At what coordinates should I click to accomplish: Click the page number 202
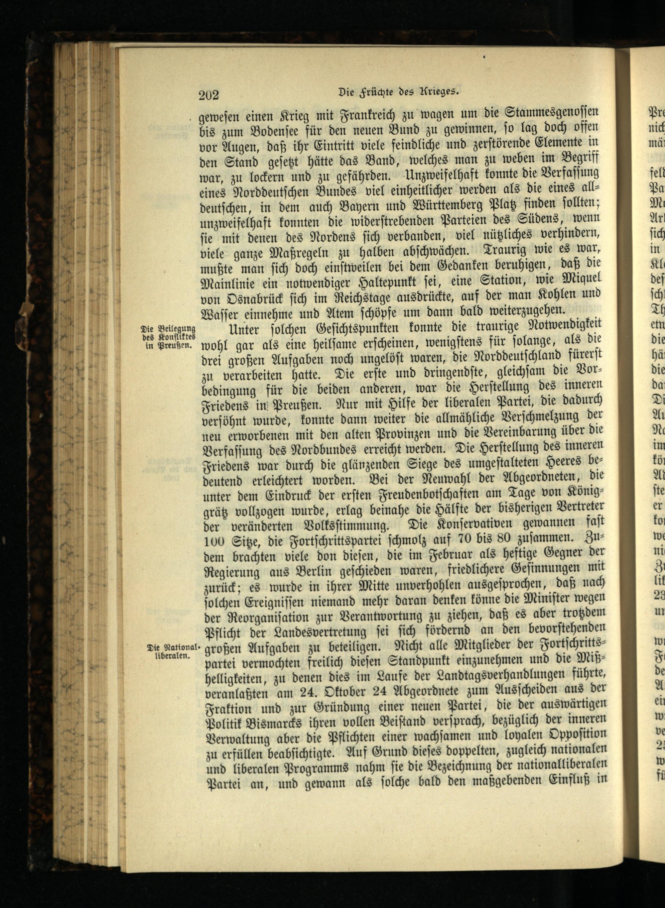[x=208, y=95]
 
